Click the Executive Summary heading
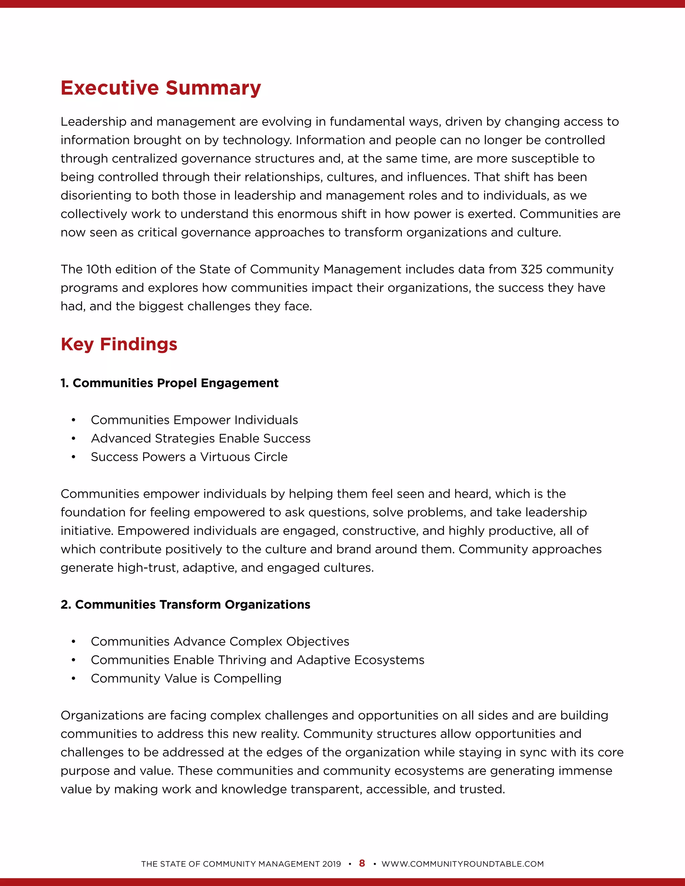161,88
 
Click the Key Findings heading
119,344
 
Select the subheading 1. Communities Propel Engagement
170,383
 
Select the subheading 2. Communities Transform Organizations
185,604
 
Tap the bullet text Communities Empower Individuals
194,420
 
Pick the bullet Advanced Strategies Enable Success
200,439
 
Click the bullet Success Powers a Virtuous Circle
189,457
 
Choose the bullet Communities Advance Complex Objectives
220,641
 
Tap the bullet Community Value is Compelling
186,678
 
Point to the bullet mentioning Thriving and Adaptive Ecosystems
257,660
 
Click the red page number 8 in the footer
362,863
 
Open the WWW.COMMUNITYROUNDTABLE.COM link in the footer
463,864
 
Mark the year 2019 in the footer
331,864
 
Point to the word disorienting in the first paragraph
95,196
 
